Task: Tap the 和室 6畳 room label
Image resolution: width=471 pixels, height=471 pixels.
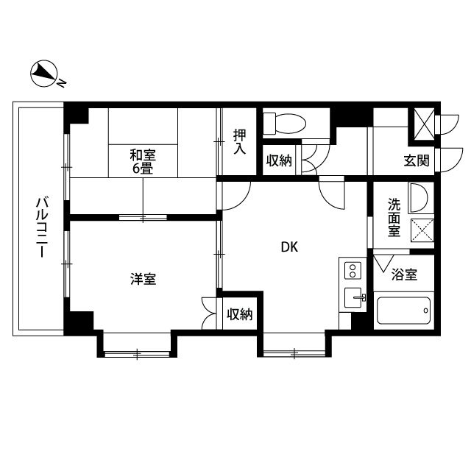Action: [144, 161]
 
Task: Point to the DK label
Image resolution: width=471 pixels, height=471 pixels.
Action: [288, 247]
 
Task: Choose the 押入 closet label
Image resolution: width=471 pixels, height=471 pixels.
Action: [240, 141]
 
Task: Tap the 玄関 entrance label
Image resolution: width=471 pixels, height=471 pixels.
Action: [417, 160]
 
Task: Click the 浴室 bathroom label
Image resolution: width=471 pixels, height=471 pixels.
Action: [404, 275]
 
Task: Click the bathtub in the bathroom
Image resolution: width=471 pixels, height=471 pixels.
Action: [404, 313]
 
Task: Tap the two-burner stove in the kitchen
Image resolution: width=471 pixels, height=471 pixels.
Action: [353, 270]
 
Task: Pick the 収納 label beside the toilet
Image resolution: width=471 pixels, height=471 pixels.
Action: [280, 160]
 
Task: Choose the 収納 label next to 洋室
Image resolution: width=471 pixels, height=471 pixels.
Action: [240, 314]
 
